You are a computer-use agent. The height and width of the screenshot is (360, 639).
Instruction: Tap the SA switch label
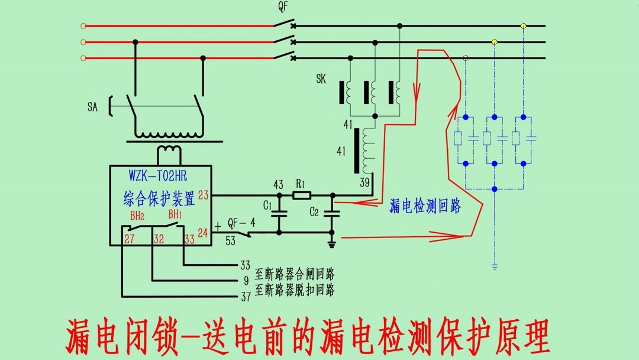point(92,107)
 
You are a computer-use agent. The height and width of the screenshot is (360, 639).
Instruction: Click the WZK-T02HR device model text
point(158,176)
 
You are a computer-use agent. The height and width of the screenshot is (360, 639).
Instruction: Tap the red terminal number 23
point(204,195)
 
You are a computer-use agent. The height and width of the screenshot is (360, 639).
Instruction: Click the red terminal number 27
point(130,239)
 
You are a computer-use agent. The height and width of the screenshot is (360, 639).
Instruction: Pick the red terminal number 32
point(159,239)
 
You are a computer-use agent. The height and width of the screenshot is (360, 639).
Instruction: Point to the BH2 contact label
point(137,214)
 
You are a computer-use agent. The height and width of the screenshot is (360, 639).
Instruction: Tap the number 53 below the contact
point(231,241)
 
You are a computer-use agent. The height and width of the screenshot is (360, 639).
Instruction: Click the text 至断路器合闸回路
point(295,274)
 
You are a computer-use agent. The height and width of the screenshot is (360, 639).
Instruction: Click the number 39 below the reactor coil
point(364,182)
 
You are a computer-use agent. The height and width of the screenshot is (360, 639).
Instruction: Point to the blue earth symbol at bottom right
point(495,266)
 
